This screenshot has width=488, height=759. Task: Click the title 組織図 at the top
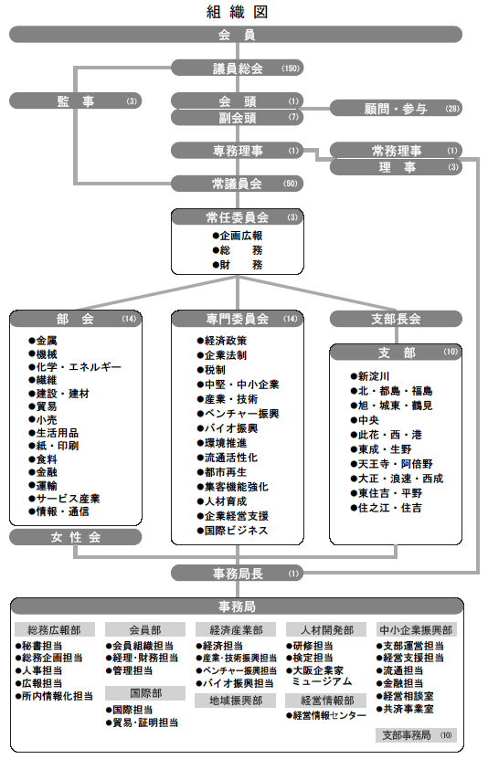click(x=237, y=12)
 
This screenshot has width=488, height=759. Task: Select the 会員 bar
click(x=236, y=35)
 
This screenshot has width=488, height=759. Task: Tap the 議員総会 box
click(x=238, y=69)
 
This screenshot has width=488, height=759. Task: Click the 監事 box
click(x=75, y=100)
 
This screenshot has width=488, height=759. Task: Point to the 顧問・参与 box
click(x=396, y=109)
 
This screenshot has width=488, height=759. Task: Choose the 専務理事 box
click(x=238, y=151)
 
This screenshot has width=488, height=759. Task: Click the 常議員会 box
click(x=238, y=184)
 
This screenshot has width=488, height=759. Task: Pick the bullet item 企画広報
click(x=238, y=236)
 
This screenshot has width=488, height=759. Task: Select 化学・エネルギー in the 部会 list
click(x=75, y=367)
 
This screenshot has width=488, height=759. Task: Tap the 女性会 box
click(x=75, y=537)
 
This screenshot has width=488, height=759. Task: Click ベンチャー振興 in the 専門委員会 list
click(x=238, y=414)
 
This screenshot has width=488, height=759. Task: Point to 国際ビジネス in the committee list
click(x=232, y=531)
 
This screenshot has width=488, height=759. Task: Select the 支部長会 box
click(x=396, y=319)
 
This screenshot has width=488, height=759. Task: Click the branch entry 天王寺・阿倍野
click(x=392, y=464)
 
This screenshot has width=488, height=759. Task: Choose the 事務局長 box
click(x=238, y=574)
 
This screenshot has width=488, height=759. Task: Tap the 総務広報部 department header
click(x=54, y=629)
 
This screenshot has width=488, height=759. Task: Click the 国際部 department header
click(x=145, y=693)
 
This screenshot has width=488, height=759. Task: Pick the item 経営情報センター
click(x=326, y=715)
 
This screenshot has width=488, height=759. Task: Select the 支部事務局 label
click(x=417, y=735)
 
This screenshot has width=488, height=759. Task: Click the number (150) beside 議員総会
click(x=291, y=69)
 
